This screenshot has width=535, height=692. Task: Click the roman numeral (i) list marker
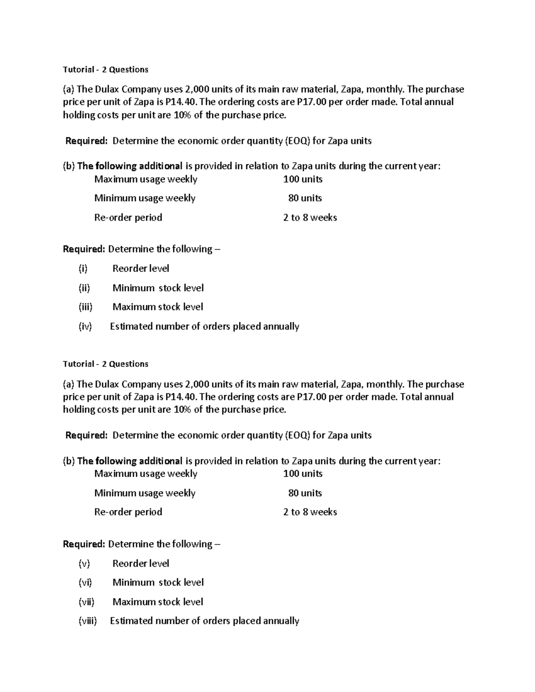click(x=83, y=269)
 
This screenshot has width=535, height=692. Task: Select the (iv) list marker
click(x=85, y=327)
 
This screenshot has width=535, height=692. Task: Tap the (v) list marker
click(x=84, y=564)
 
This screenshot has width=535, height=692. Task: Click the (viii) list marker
click(x=88, y=621)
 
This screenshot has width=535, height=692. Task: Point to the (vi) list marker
click(x=85, y=583)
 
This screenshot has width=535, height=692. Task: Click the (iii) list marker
click(x=86, y=307)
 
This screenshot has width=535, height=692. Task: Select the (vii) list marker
click(x=86, y=602)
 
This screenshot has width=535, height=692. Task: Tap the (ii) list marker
click(x=84, y=288)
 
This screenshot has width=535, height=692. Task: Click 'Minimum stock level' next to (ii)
click(x=158, y=288)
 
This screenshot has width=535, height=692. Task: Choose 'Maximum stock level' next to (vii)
click(x=158, y=602)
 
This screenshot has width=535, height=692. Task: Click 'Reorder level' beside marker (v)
click(x=141, y=564)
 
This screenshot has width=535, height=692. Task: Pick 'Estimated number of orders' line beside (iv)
click(x=204, y=327)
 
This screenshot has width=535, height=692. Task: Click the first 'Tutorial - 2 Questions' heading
click(x=106, y=70)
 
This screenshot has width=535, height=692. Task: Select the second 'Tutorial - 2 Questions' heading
click(x=106, y=364)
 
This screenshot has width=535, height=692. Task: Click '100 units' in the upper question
click(x=303, y=180)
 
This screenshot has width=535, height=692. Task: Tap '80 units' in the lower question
click(x=305, y=493)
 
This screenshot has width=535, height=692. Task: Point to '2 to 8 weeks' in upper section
click(x=310, y=218)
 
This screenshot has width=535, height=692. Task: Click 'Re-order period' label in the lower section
click(x=128, y=512)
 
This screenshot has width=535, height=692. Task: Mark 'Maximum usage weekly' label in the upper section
click(x=146, y=180)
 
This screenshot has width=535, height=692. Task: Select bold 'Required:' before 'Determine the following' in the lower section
click(x=84, y=544)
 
